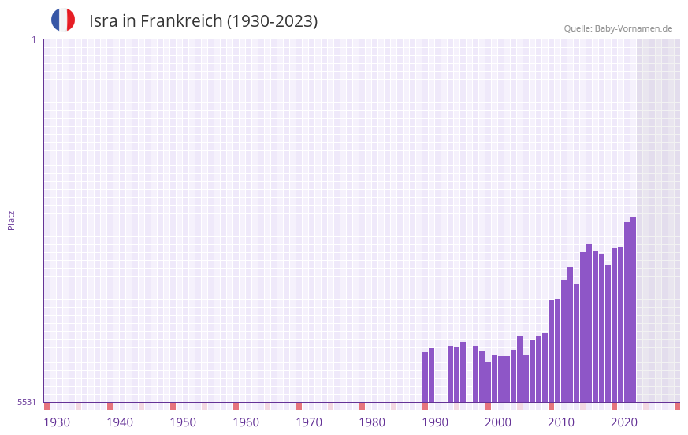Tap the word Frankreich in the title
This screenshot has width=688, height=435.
[x=181, y=21]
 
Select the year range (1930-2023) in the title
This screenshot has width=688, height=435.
[x=273, y=21]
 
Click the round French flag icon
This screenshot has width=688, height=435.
[x=63, y=20]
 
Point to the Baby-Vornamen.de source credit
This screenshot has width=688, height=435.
[x=618, y=28]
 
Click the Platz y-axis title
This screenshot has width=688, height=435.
[x=11, y=220]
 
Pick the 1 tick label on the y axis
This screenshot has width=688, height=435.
[x=33, y=39]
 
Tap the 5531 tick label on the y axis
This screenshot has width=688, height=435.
[x=27, y=402]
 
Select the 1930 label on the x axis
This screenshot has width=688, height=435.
[x=57, y=422]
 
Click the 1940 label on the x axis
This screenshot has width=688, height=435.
[x=120, y=422]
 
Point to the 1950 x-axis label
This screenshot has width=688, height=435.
[x=183, y=422]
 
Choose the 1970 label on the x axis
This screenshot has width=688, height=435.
[x=309, y=422]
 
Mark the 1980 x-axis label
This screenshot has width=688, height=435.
[x=372, y=422]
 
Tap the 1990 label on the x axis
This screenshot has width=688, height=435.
[x=435, y=422]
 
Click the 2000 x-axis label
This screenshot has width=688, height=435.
[x=498, y=422]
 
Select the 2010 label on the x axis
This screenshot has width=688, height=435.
[x=561, y=422]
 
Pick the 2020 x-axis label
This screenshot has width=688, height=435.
[x=624, y=422]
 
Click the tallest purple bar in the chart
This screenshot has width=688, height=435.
[x=633, y=309]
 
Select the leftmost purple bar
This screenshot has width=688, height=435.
[x=425, y=377]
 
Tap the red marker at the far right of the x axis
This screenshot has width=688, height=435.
[x=677, y=406]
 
